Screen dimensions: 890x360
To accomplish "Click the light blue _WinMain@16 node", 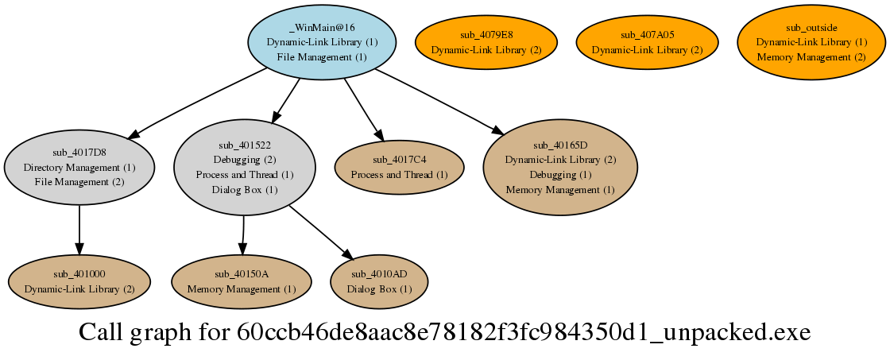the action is point(322,41).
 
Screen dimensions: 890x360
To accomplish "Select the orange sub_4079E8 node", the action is point(486,41).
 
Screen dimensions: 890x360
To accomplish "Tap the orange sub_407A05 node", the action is point(647,41).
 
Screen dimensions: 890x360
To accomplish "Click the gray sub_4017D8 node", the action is point(79,168).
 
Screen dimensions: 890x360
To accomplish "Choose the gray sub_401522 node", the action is point(245,168).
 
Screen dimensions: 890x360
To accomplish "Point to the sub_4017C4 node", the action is point(399,168).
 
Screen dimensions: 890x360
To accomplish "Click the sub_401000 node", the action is point(79,281).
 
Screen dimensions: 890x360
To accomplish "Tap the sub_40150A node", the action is point(242,281).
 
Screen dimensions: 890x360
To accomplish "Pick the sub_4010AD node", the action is point(379,281).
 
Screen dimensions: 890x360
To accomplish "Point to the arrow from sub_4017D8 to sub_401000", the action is point(79,230).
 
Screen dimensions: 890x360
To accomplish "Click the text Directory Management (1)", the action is point(79,168).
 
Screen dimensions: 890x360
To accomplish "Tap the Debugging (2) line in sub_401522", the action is point(245,159).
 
